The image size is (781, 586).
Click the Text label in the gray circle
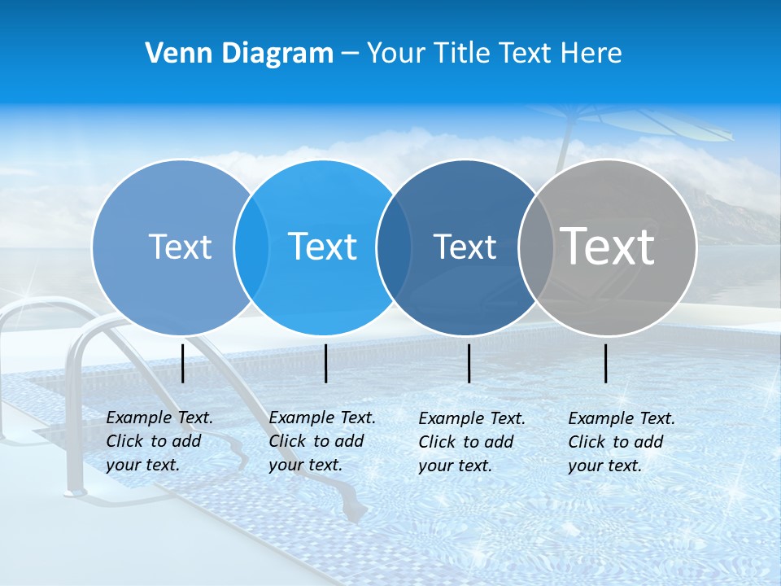608,246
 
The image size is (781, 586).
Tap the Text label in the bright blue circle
323,247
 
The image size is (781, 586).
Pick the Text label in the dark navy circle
465,247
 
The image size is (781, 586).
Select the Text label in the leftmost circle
180,247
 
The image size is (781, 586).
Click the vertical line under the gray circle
606,363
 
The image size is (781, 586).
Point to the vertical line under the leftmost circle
183,363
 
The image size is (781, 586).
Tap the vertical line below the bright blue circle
326,363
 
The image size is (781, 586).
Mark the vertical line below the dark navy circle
469,363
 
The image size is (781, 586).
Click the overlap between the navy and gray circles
536,247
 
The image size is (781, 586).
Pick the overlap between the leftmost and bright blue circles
251,247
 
